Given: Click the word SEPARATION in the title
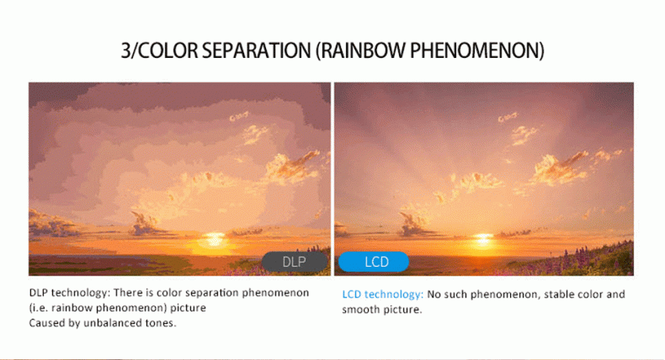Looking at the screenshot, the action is pos(256,50).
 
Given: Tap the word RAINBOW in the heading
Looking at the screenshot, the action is pos(361,51).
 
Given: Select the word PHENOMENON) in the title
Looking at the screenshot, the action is pos(477,51).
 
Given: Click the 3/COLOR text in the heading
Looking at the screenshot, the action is pos(160,51).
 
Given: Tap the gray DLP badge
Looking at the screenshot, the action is pos(294,261).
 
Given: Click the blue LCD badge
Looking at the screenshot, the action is pos(374,261).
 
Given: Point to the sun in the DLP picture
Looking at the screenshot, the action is pos(214,239).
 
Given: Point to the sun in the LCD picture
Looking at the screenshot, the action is pos(483,239).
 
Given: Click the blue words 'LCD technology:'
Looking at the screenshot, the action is pos(383,294).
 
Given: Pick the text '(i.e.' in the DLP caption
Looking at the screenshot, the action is pos(38,308).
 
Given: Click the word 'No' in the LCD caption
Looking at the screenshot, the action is pos(434,294).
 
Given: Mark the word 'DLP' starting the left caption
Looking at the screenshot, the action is pos(38,293).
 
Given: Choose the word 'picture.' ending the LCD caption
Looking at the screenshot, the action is pos(403,310).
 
